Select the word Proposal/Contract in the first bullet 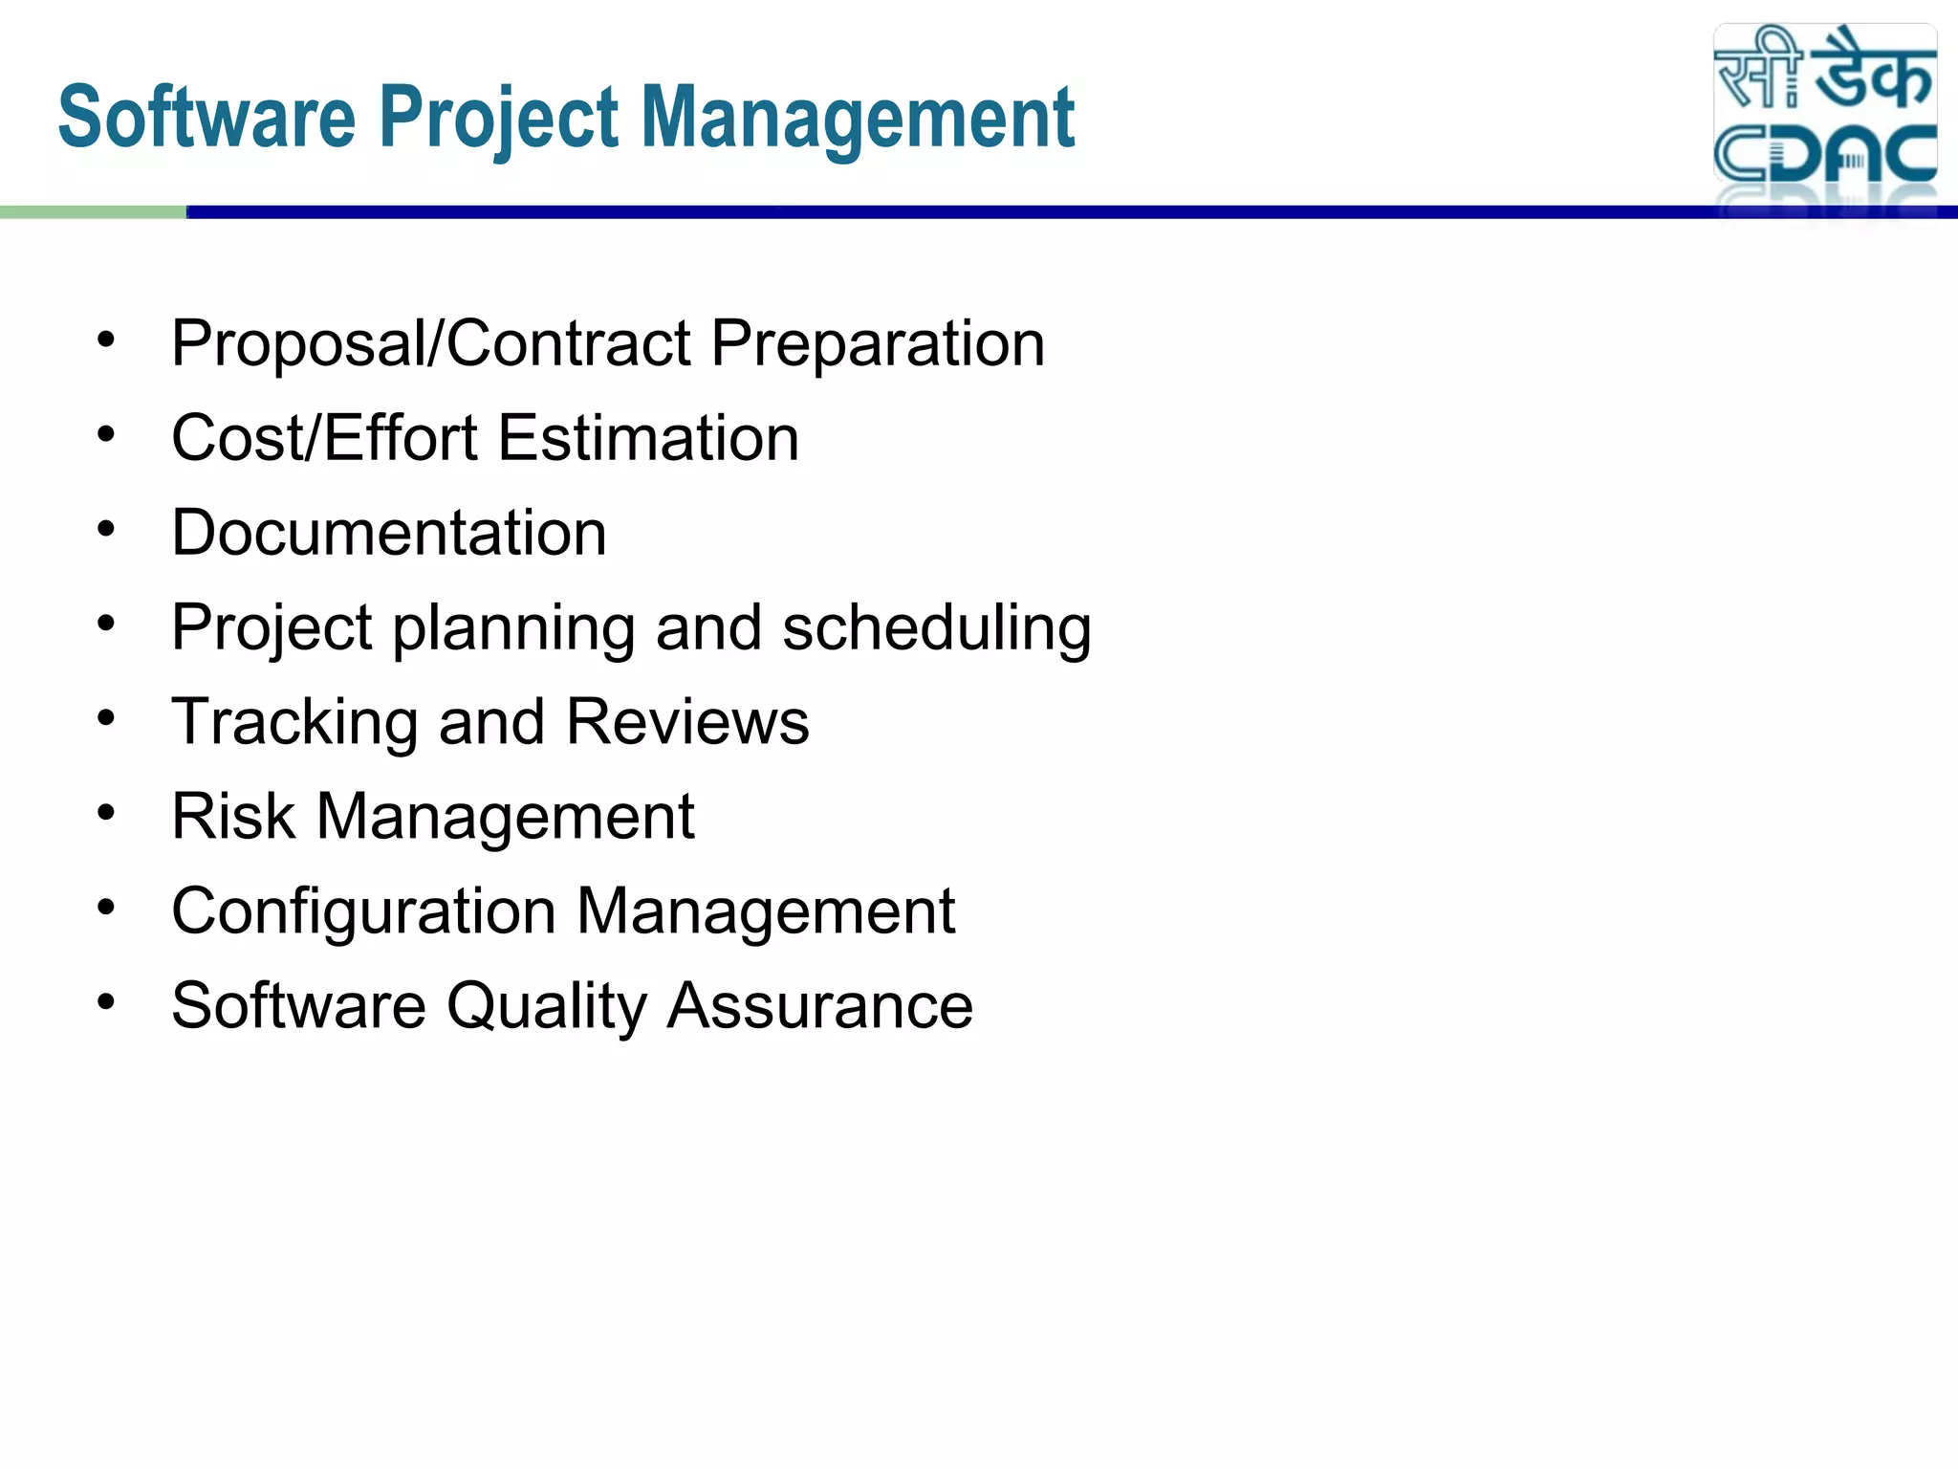tap(430, 343)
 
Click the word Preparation tap(878, 343)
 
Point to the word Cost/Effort tap(324, 438)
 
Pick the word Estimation tap(648, 438)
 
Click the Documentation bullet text tap(389, 533)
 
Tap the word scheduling tap(937, 628)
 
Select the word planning tap(513, 628)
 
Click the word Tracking tap(294, 722)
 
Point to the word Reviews tap(687, 722)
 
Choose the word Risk tap(233, 817)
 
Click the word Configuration tap(363, 911)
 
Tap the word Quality tap(546, 1007)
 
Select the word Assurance tap(820, 1007)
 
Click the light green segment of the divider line tap(93, 212)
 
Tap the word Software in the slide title tap(207, 119)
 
